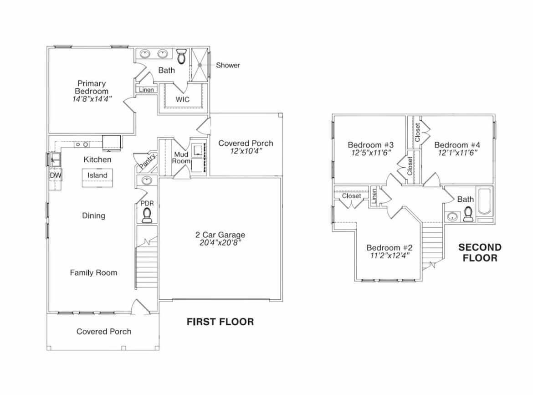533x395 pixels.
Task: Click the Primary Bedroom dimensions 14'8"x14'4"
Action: [92, 99]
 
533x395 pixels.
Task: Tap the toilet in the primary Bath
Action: [181, 56]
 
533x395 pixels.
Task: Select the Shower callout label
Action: [228, 65]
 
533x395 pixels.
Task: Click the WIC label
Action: [183, 99]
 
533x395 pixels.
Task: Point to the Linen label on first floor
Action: [146, 90]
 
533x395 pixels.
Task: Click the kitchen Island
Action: [97, 175]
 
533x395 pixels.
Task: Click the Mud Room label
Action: [180, 158]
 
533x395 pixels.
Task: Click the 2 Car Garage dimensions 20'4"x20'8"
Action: [220, 243]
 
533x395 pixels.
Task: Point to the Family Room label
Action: [93, 272]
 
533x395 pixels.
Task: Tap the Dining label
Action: [93, 215]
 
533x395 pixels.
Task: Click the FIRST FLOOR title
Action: [220, 322]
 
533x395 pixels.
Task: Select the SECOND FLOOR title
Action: [480, 252]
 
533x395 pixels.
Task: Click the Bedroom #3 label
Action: [370, 145]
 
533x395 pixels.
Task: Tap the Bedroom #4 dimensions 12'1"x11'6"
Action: [457, 153]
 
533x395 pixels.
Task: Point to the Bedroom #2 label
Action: [389, 248]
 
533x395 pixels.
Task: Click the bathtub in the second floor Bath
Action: [484, 202]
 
